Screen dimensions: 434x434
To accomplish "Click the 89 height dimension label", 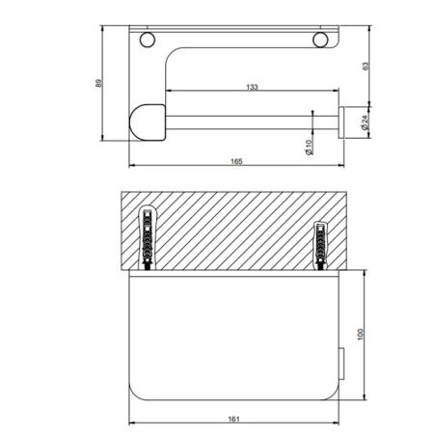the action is pyautogui.click(x=99, y=83).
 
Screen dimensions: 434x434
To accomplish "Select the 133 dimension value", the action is pyautogui.click(x=252, y=87).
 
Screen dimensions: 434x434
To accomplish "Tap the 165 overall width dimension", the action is pyautogui.click(x=236, y=161).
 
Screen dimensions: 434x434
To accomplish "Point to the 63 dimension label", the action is pyautogui.click(x=366, y=66).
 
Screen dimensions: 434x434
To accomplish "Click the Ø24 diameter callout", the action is pyautogui.click(x=365, y=122).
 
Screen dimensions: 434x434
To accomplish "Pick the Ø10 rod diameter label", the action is pyautogui.click(x=309, y=148).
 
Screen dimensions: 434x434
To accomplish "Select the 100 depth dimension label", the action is pyautogui.click(x=360, y=335).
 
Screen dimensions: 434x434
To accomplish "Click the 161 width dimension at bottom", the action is pyautogui.click(x=233, y=419).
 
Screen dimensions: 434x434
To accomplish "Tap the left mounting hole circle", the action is pyautogui.click(x=148, y=40).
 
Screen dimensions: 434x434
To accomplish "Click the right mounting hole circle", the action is pyautogui.click(x=320, y=40).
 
